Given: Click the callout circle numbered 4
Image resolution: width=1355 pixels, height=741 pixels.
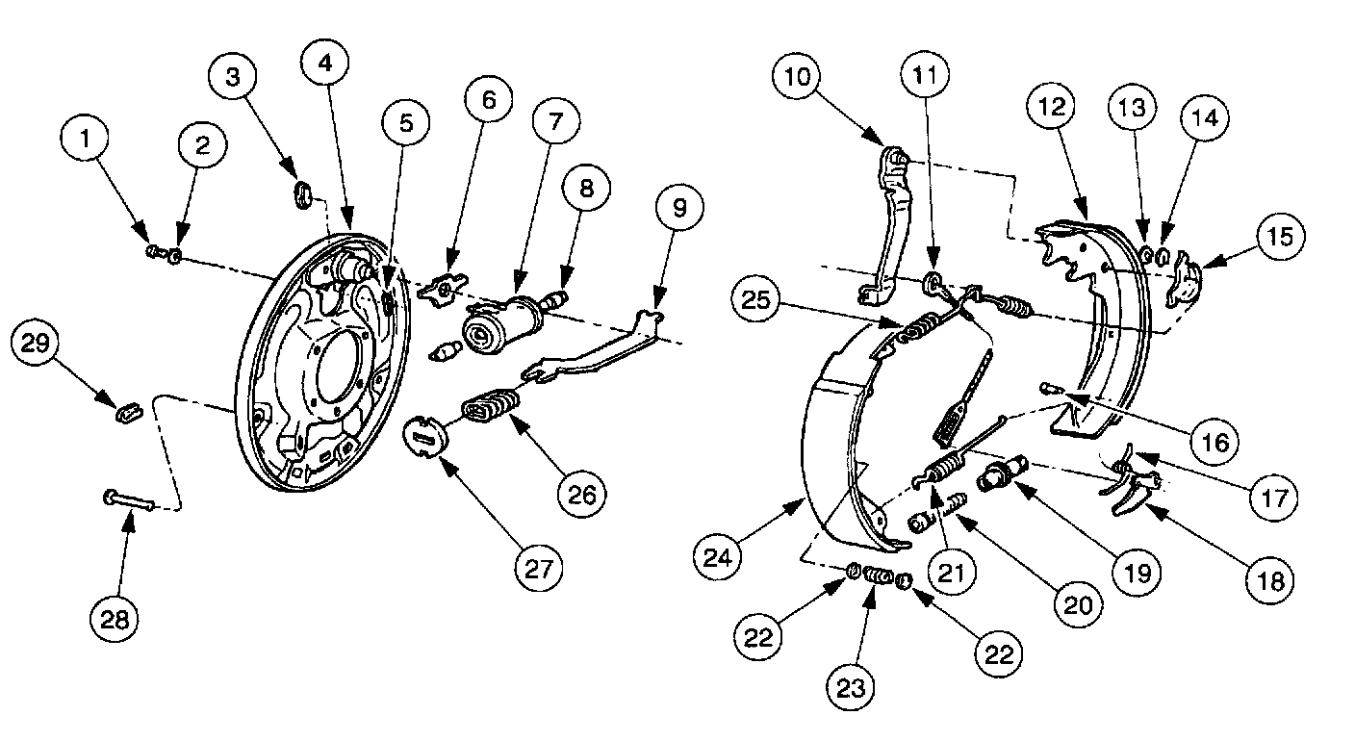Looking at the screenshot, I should click(326, 64).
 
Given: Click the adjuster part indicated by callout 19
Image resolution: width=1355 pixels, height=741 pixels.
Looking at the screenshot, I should click(1001, 474).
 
